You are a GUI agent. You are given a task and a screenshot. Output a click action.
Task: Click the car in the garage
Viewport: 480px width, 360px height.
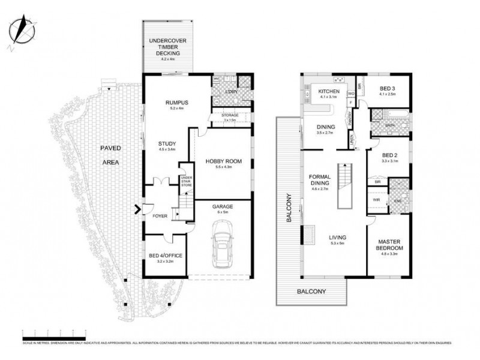pos(221,245)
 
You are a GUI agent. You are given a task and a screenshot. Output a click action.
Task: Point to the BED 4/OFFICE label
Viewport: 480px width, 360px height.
pos(165,256)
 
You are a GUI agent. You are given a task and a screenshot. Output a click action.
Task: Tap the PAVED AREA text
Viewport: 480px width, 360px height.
pos(110,154)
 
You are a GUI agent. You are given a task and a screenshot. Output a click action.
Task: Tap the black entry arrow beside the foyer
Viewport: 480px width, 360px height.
pos(138,209)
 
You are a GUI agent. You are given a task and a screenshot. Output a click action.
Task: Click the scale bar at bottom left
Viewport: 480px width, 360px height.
pos(54,331)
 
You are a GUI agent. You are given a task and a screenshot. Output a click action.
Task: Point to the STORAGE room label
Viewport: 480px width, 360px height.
pos(230,115)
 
